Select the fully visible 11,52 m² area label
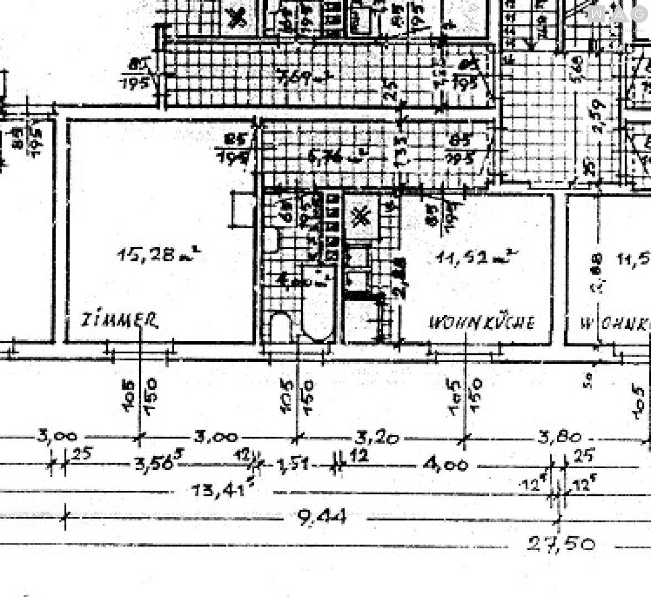[x=475, y=257]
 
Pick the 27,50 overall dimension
[x=560, y=544]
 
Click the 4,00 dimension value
[x=447, y=465]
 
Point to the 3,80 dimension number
[x=559, y=438]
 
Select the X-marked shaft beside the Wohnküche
[x=362, y=216]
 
